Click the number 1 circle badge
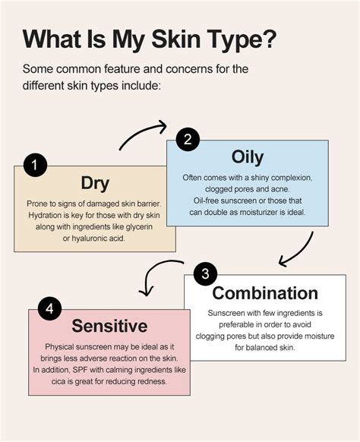coord(35,165)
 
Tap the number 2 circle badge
coord(188,139)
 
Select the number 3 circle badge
coord(206,273)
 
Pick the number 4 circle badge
coord(49,308)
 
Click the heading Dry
coord(95,184)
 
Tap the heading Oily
coord(248,157)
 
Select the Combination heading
coord(265,293)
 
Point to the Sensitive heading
coord(109,326)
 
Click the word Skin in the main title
coord(176,39)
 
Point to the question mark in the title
coord(268,39)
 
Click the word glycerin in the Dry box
coord(139,227)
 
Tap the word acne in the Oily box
coord(280,189)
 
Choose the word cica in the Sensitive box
coord(58,382)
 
